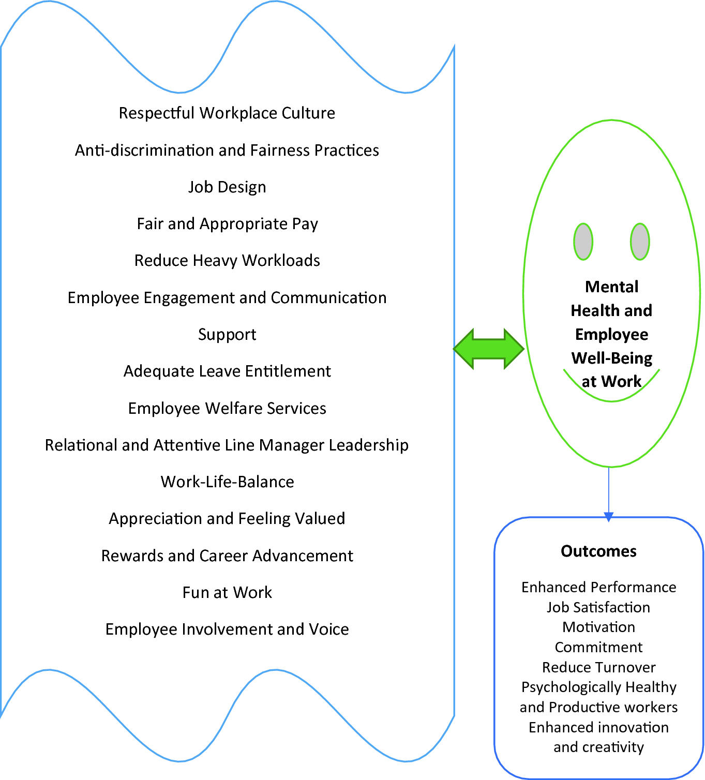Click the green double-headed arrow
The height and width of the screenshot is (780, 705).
[489, 349]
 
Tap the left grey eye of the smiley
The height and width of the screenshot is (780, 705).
[583, 242]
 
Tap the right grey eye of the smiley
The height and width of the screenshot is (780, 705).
[640, 242]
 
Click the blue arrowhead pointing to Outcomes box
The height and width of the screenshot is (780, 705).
[609, 517]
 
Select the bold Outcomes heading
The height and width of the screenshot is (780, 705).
[598, 551]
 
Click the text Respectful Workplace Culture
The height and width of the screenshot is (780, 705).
[227, 113]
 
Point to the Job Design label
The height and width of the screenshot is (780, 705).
[227, 187]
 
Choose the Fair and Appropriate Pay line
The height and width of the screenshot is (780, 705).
[227, 224]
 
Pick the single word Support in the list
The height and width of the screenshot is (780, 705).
[227, 335]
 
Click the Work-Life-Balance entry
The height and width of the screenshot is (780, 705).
[227, 482]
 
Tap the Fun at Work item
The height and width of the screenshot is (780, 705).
[227, 592]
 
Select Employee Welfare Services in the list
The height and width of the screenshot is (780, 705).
[227, 409]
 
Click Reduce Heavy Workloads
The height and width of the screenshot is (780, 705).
[227, 261]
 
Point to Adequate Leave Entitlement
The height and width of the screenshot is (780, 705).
[227, 371]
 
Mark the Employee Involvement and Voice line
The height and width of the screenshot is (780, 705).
[227, 629]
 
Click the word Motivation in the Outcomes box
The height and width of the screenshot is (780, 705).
[598, 627]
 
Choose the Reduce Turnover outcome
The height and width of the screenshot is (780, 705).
[598, 667]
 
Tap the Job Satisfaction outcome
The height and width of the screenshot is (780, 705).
[598, 607]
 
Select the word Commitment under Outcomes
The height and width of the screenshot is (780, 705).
[598, 648]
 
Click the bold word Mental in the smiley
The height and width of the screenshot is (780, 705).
[611, 287]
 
